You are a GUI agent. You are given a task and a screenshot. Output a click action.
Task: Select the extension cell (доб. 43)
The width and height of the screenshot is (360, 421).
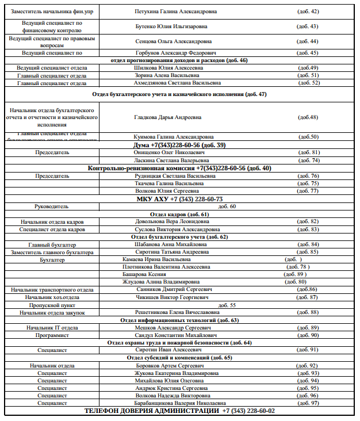coord(307,26)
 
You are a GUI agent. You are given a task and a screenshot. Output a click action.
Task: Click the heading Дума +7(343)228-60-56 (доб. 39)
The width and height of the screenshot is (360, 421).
coord(179,145)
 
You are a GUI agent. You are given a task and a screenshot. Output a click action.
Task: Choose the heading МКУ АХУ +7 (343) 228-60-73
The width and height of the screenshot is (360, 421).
coord(179,198)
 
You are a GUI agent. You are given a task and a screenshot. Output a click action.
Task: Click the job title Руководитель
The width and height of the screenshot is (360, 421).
coord(52,206)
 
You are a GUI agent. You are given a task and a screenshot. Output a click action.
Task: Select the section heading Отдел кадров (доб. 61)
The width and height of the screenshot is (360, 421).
coord(179,214)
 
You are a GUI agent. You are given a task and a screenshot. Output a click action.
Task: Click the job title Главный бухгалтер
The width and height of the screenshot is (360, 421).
coord(52,244)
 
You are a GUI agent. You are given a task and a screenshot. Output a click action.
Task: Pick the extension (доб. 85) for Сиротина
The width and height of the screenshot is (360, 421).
coord(307,252)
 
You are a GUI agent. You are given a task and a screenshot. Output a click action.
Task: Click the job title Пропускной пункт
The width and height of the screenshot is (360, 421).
coord(52,305)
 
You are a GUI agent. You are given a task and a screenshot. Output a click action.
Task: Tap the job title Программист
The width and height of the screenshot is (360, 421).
coord(52,335)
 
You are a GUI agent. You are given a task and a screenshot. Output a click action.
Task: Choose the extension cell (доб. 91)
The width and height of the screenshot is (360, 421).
coord(307,350)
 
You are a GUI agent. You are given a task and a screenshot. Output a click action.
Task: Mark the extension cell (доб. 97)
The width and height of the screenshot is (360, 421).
coord(307,403)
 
